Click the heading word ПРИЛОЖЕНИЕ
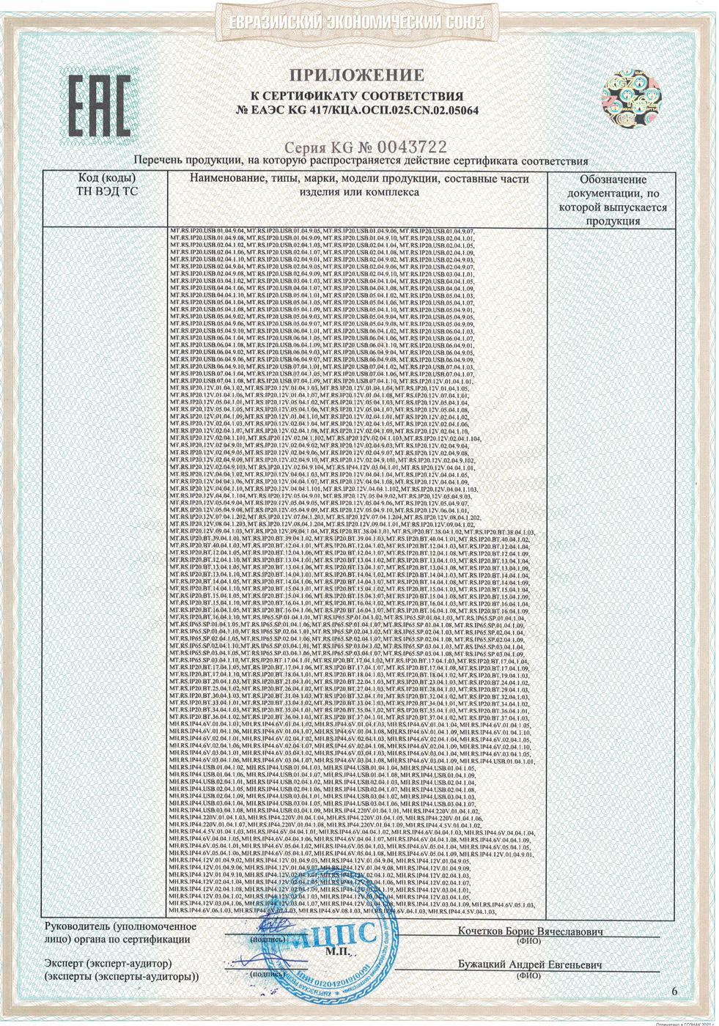click(x=358, y=75)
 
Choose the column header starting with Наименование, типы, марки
click(x=358, y=185)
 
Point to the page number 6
click(x=675, y=991)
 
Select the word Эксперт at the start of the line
click(x=67, y=964)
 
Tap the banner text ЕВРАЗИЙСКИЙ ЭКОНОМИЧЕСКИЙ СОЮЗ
click(x=358, y=23)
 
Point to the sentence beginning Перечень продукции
click(x=361, y=161)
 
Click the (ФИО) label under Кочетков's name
click(x=529, y=941)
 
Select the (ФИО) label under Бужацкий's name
click(x=529, y=975)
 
